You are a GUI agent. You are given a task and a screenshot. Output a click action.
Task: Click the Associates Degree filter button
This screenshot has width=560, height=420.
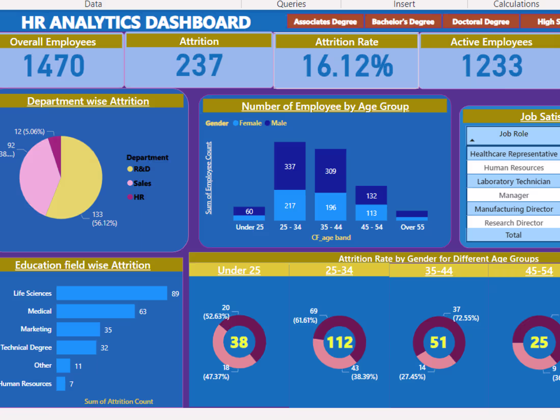pyautogui.click(x=325, y=22)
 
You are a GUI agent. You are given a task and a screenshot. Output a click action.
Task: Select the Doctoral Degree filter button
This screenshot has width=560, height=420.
pyautogui.click(x=481, y=22)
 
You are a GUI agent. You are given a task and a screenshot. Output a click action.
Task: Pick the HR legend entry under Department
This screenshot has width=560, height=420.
pyautogui.click(x=138, y=197)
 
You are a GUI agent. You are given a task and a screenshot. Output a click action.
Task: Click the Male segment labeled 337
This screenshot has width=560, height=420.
pyautogui.click(x=290, y=166)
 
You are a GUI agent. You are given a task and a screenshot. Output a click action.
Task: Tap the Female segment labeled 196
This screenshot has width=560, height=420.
pyautogui.click(x=330, y=207)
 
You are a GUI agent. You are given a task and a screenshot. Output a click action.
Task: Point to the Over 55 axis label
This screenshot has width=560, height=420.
pyautogui.click(x=412, y=227)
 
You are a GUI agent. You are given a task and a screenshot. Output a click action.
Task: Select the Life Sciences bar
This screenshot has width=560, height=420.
pyautogui.click(x=111, y=293)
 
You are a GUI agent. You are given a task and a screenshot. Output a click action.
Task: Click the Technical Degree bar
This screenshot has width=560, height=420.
pyautogui.click(x=76, y=348)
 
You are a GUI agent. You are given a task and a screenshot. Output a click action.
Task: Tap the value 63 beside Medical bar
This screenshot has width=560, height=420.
pyautogui.click(x=143, y=312)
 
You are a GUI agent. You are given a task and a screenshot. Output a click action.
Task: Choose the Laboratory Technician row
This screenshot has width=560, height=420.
pyautogui.click(x=513, y=182)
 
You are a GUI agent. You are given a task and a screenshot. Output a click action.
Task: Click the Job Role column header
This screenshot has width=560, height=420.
pyautogui.click(x=513, y=134)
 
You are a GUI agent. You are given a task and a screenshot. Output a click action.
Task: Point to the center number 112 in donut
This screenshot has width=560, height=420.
pyautogui.click(x=339, y=342)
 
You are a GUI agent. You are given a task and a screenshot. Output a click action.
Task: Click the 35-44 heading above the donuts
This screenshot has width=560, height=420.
pyautogui.click(x=438, y=271)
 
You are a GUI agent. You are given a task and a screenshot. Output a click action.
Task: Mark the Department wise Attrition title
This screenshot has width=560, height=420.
pyautogui.click(x=88, y=101)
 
